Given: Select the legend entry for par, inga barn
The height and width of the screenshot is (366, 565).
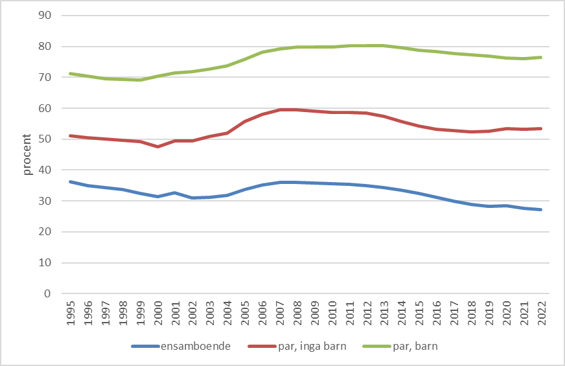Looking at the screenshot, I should [296, 346].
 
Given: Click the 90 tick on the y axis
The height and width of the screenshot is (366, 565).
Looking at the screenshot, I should [45, 16].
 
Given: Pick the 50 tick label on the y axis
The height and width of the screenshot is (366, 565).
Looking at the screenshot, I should [45, 139].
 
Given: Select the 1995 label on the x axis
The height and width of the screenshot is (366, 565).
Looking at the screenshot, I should [70, 312].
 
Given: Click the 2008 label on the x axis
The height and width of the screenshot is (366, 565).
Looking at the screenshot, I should [297, 312].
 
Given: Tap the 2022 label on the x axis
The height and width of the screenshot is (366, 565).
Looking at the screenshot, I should [541, 312].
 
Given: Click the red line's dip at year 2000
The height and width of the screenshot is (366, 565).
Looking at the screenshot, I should [157, 147].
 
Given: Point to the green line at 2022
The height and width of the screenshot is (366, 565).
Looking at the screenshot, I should [541, 57].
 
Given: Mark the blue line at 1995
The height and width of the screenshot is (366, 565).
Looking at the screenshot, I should [70, 181].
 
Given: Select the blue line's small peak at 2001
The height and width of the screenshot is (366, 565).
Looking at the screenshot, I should [175, 192].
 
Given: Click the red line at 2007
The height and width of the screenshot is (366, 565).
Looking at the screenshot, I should [279, 109].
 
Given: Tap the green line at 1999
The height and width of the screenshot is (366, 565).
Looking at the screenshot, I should [140, 80].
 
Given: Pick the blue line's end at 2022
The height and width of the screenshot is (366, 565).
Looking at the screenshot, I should [541, 209].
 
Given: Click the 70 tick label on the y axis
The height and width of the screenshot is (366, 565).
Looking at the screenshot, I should [45, 77].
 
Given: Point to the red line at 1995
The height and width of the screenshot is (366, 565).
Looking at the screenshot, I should [70, 135].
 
